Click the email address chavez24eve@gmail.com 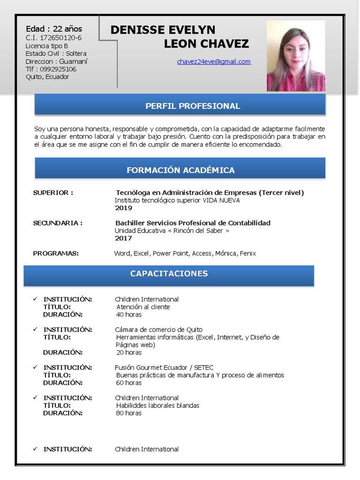pyautogui.click(x=214, y=61)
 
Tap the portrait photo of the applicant pyautogui.click(x=296, y=56)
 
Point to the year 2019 pyautogui.click(x=124, y=208)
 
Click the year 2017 pyautogui.click(x=124, y=238)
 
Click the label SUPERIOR pyautogui.click(x=53, y=193)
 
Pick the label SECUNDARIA pyautogui.click(x=58, y=223)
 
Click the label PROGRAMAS pyautogui.click(x=56, y=254)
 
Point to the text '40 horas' pyautogui.click(x=129, y=315)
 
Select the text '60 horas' pyautogui.click(x=129, y=383)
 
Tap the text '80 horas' pyautogui.click(x=129, y=413)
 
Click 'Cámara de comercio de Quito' pyautogui.click(x=159, y=330)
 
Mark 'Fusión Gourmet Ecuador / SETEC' pyautogui.click(x=164, y=367)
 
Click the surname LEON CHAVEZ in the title pyautogui.click(x=206, y=44)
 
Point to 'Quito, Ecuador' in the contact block pyautogui.click(x=47, y=77)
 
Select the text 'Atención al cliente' pyautogui.click(x=143, y=307)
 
